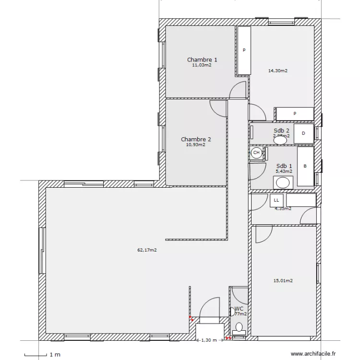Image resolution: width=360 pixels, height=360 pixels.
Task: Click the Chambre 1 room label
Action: (x=202, y=60)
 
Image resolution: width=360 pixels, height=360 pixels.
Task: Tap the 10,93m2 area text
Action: (x=195, y=144)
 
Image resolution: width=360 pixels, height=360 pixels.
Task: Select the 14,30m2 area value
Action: (x=277, y=71)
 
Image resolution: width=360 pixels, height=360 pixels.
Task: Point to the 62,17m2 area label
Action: (x=148, y=250)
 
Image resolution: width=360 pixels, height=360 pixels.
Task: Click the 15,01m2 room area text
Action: (x=283, y=281)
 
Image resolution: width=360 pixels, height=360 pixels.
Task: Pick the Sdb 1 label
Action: (x=281, y=166)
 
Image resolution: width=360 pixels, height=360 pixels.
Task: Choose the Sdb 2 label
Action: (x=281, y=131)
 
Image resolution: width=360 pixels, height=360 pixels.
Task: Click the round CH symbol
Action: (x=256, y=153)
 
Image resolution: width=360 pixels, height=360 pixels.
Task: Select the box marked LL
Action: (x=276, y=199)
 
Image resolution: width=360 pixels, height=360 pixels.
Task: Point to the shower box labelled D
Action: (x=303, y=133)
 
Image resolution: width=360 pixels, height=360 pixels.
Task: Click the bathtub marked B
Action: (x=305, y=167)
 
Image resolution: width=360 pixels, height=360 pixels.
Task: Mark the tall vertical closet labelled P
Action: (x=244, y=50)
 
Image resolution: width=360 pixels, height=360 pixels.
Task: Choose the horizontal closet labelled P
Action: (x=295, y=114)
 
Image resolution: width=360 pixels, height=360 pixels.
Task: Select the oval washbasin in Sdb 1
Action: (x=283, y=182)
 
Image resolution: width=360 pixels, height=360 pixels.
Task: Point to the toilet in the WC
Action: (x=239, y=328)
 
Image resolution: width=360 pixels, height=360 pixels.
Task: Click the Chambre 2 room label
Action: (x=196, y=139)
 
